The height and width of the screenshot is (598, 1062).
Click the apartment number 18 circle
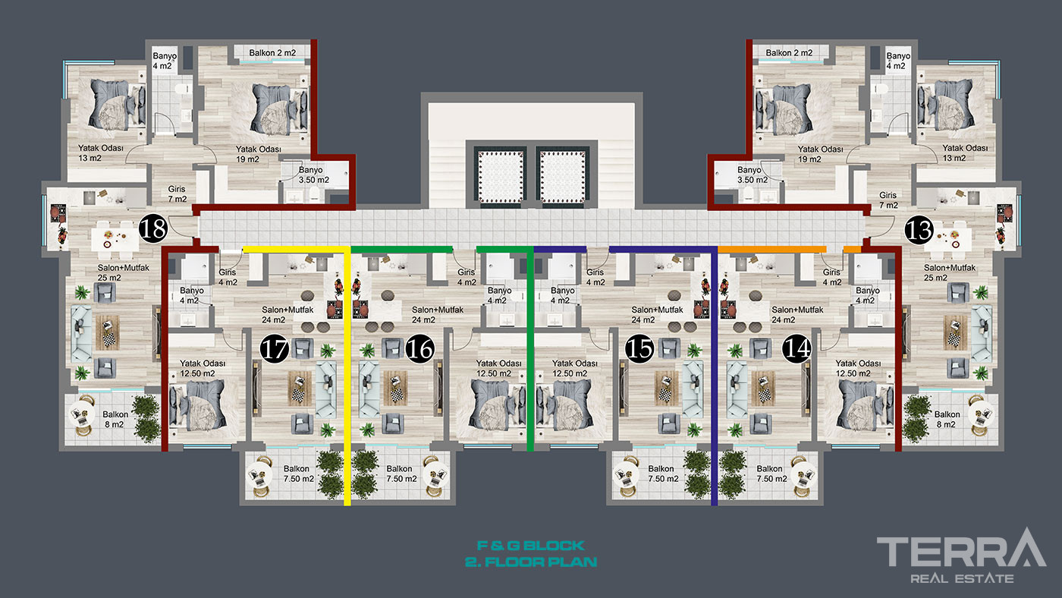(x=153, y=228)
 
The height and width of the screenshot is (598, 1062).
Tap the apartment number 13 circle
(x=919, y=231)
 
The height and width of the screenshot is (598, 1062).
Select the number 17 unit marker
(x=275, y=348)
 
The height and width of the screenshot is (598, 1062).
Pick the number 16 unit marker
(x=420, y=348)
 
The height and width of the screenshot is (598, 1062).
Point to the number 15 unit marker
(x=639, y=348)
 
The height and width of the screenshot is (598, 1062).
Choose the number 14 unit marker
(x=796, y=348)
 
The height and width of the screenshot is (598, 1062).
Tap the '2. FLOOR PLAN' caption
(x=531, y=562)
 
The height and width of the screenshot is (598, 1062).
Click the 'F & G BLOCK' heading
(x=531, y=546)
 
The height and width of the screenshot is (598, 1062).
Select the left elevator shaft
(x=500, y=176)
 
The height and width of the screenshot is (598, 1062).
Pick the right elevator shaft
(x=562, y=176)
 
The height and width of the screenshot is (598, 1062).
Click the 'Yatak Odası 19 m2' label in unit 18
(x=259, y=154)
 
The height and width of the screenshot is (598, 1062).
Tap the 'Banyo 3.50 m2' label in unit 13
(x=752, y=175)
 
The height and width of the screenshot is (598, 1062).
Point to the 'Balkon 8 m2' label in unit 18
(x=115, y=419)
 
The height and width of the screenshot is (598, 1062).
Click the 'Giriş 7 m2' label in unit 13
(x=888, y=200)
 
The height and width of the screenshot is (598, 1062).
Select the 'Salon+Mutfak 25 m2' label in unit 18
(x=123, y=272)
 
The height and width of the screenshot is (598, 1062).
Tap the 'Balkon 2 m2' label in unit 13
(x=789, y=52)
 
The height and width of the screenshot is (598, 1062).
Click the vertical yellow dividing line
(x=347, y=376)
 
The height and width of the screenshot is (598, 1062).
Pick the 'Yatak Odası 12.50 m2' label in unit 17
(x=203, y=369)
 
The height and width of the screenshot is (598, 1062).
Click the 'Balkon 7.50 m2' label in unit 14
(x=771, y=474)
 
